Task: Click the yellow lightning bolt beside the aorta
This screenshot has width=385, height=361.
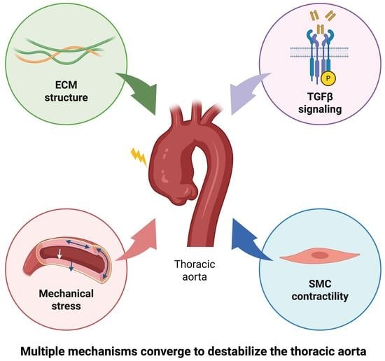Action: point(139,157)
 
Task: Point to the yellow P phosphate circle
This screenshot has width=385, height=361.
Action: point(328,78)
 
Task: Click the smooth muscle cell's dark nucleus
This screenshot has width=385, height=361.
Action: point(320,255)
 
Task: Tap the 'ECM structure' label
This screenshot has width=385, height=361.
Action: point(66,91)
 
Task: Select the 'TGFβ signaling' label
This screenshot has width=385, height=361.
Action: point(320,103)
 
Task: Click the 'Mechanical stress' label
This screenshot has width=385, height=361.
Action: point(66,300)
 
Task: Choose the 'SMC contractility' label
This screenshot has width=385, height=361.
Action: point(320,290)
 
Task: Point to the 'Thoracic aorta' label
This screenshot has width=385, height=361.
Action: point(195,271)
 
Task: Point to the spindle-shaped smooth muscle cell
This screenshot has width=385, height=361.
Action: point(320,255)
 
